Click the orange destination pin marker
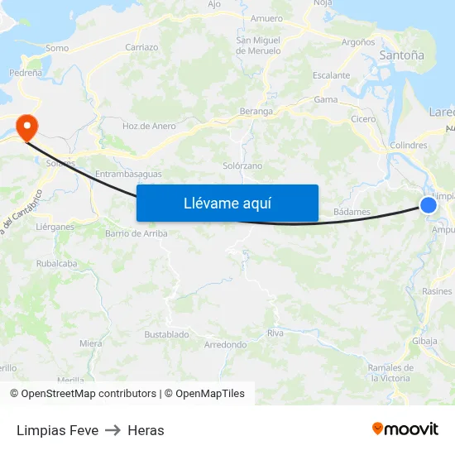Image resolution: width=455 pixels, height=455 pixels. pyautogui.click(x=27, y=127)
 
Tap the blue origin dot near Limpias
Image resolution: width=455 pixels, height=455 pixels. pyautogui.click(x=429, y=205)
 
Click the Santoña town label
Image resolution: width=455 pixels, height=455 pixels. pyautogui.click(x=401, y=55)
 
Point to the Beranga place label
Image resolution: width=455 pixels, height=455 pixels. pyautogui.click(x=256, y=111)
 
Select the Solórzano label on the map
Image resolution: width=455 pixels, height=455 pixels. pyautogui.click(x=242, y=165)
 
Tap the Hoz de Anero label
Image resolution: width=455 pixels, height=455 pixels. pyautogui.click(x=149, y=126)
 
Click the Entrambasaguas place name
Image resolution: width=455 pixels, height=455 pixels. pyautogui.click(x=128, y=174)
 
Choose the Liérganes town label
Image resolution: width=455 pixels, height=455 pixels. pyautogui.click(x=55, y=226)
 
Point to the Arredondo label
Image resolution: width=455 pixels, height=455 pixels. pyautogui.click(x=225, y=344)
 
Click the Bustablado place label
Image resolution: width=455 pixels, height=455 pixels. pyautogui.click(x=166, y=334)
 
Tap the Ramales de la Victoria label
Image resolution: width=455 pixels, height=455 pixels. pyautogui.click(x=390, y=372)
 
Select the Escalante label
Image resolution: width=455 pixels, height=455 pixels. pyautogui.click(x=331, y=75)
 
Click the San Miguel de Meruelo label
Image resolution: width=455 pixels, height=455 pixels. pyautogui.click(x=258, y=45)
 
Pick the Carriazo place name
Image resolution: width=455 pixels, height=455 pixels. pyautogui.click(x=141, y=47)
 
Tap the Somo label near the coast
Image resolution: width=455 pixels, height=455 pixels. pyautogui.click(x=57, y=48)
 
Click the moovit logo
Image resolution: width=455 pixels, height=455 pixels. pyautogui.click(x=405, y=429)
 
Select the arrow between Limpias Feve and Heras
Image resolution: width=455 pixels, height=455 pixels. pyautogui.click(x=113, y=430)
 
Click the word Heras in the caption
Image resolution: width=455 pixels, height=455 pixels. pyautogui.click(x=146, y=430)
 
